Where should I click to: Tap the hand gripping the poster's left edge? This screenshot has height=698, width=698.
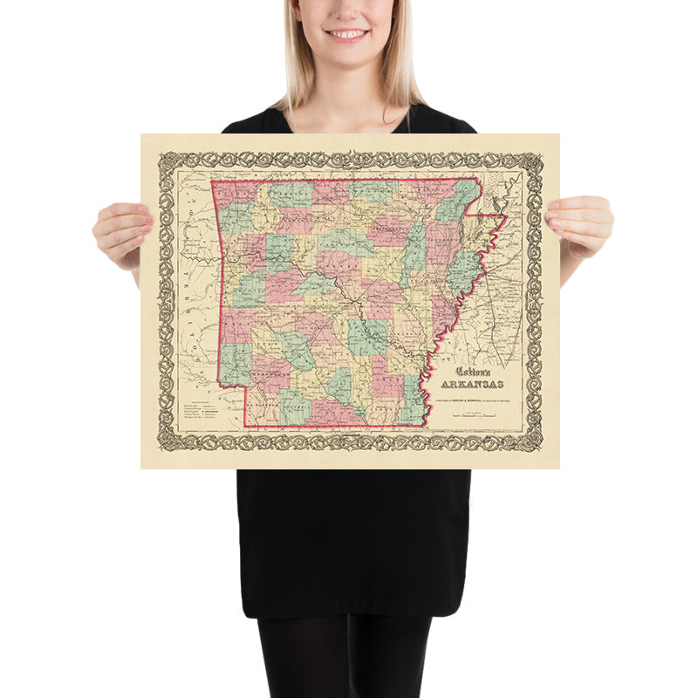(x=122, y=231)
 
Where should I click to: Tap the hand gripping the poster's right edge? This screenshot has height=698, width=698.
(x=580, y=224)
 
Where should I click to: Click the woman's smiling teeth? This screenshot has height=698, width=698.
(x=348, y=34)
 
